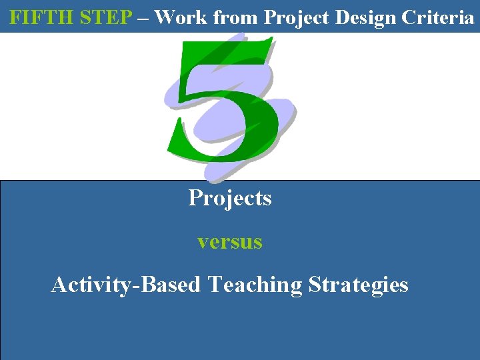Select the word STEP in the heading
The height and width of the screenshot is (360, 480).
point(106,17)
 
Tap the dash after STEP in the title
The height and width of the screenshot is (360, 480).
point(143,18)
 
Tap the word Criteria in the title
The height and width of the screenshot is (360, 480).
point(441,17)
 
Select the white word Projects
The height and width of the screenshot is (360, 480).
point(229,199)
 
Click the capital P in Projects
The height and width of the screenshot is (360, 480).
point(195,198)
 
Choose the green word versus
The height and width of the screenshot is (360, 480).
point(229,242)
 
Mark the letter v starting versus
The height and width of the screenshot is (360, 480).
point(202,243)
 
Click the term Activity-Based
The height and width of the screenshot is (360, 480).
point(126,285)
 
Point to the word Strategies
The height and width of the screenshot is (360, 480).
point(358,285)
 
